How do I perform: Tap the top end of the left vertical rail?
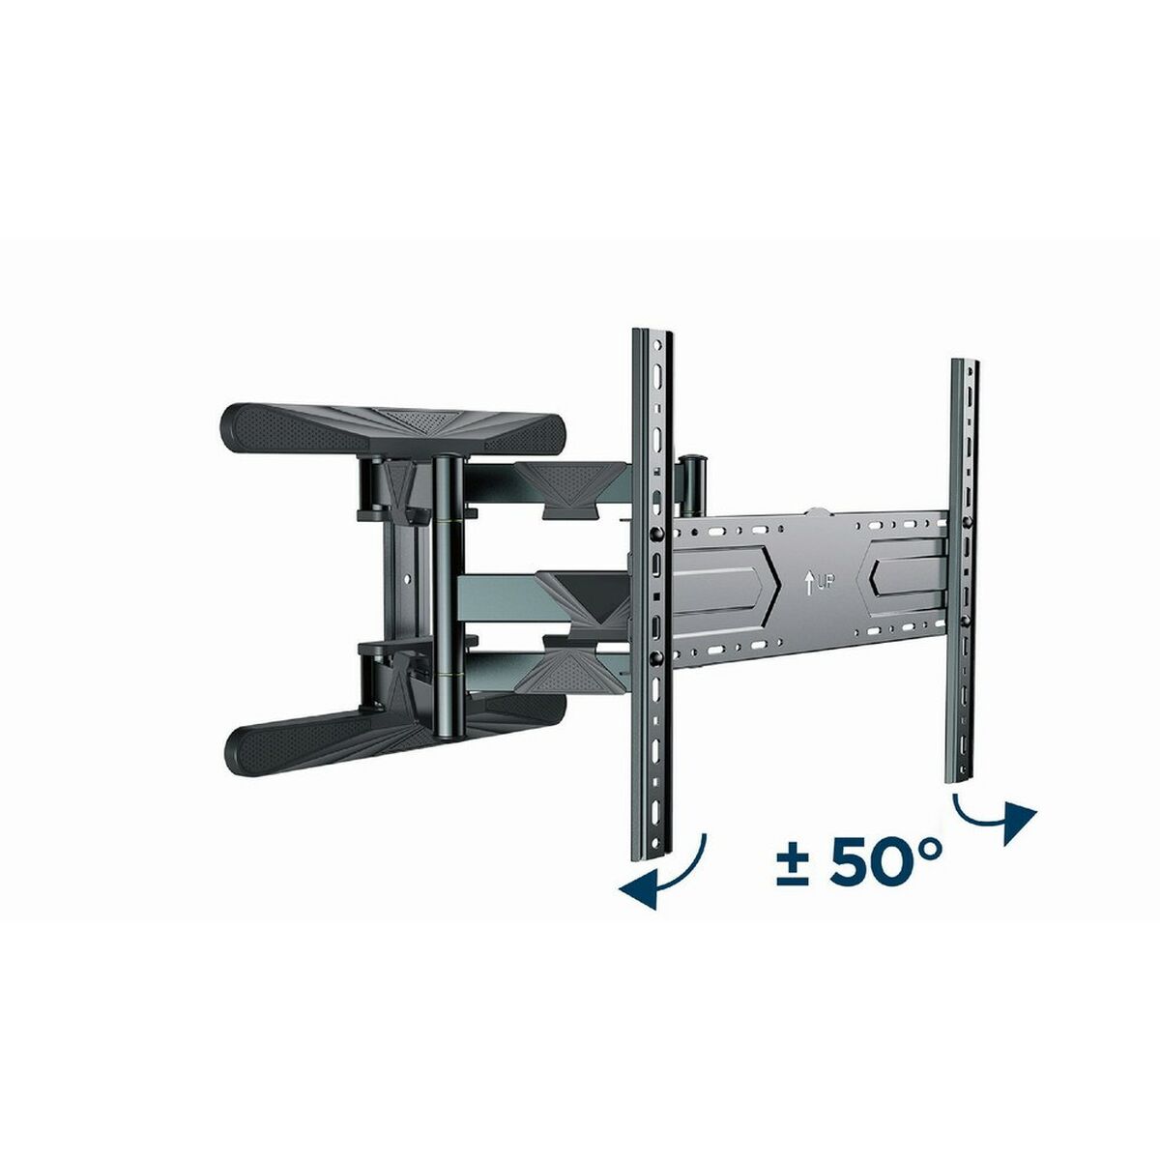(651, 338)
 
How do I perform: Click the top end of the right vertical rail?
(966, 366)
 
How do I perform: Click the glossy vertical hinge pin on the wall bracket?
(448, 590)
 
